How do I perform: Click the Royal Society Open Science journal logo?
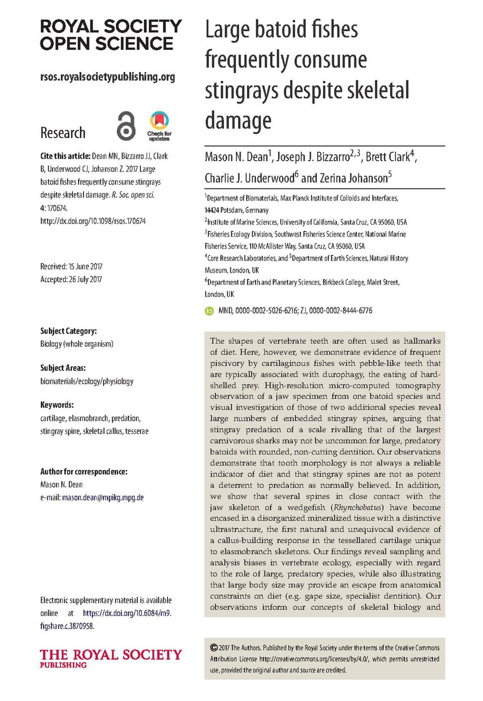pos(111,35)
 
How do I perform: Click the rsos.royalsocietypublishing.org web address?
pos(108,77)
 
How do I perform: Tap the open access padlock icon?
pos(126,126)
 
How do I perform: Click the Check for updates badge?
pos(159,126)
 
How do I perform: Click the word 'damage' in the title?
pos(238,121)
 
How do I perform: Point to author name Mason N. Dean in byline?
pos(237,157)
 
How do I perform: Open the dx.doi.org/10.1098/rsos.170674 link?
pos(93,221)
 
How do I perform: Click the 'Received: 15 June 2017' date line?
pos(71,267)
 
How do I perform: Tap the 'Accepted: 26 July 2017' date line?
pos(71,280)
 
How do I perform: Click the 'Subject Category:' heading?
pos(68,331)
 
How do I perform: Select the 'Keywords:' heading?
pos(57,405)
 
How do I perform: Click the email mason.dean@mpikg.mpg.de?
pos(103,498)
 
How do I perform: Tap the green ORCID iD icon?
pos(209,311)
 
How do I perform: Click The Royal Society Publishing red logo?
pos(111,658)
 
